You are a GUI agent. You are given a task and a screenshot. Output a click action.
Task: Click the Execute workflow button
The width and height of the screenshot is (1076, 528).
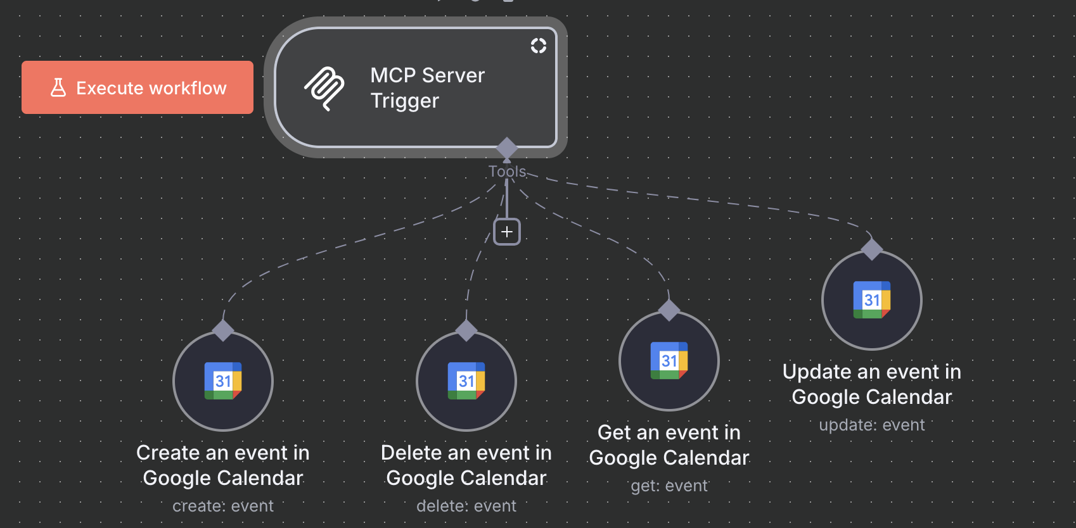pos(138,87)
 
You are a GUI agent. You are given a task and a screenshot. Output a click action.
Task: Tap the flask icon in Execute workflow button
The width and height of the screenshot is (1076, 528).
pos(58,87)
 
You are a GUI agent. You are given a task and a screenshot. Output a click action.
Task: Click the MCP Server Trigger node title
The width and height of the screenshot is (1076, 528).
pos(427,88)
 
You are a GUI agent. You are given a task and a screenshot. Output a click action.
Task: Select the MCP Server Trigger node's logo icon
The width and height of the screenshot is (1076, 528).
pos(324,89)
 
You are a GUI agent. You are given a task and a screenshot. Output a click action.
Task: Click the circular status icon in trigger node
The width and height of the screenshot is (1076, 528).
pos(538,46)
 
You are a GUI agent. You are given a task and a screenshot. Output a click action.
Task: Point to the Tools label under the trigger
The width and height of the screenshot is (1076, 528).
pos(507,172)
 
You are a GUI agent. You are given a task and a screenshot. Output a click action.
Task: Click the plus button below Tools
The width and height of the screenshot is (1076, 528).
pos(507,232)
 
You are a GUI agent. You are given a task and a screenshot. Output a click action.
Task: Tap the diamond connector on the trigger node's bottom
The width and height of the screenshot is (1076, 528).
pos(507,148)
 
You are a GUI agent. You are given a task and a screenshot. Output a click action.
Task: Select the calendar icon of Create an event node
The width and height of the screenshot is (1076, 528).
pos(223,380)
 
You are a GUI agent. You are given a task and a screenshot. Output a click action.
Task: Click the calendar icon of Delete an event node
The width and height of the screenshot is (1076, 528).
pos(466,380)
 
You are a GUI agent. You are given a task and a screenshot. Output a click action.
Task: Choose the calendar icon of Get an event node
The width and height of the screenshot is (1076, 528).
pos(669,360)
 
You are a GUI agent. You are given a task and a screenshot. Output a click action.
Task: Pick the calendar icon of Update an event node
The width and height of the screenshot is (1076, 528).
pos(872,299)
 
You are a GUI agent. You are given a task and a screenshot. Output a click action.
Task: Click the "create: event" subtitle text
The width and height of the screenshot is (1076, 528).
pos(223,506)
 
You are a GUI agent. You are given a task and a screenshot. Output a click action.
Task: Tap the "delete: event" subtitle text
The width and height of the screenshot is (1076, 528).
pos(466,506)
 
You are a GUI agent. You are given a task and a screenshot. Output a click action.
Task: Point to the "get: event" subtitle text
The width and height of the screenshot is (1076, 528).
pos(669,486)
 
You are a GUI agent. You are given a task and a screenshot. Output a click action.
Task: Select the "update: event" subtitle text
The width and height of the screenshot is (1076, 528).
pos(872,425)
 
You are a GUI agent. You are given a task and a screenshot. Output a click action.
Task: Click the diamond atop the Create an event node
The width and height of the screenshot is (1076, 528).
pos(223,330)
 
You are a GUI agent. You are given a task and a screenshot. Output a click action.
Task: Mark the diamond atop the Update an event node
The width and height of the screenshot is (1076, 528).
pos(872,249)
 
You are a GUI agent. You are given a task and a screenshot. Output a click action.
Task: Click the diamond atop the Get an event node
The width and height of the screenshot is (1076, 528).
pos(669,310)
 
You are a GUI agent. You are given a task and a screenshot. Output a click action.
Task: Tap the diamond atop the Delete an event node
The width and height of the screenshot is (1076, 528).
pos(466,330)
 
